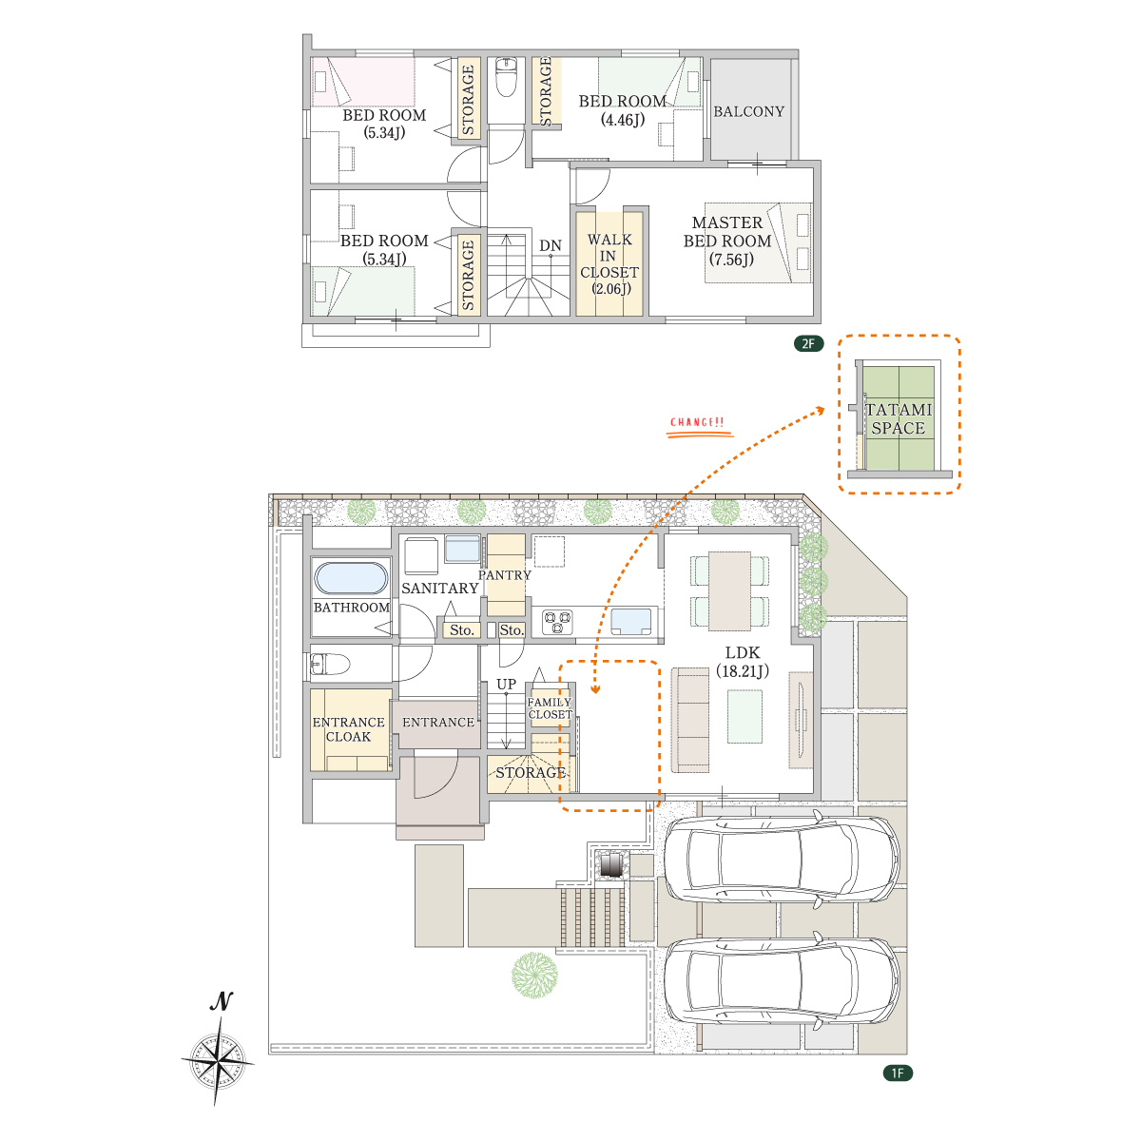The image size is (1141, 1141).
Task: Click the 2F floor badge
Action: [807, 343]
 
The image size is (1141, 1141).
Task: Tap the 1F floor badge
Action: [897, 1073]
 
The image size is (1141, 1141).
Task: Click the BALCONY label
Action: [748, 111]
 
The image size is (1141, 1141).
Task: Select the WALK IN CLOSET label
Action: [609, 264]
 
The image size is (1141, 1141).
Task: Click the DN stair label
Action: [551, 245]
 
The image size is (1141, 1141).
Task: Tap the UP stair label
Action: [506, 684]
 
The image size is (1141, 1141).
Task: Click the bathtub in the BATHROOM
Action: [351, 578]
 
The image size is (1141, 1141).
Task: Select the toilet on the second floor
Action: [506, 76]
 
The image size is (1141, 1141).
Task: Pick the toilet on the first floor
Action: [330, 664]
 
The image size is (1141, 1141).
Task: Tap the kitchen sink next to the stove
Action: [630, 621]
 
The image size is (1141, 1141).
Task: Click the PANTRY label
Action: [505, 575]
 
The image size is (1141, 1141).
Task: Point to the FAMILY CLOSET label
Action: [550, 708]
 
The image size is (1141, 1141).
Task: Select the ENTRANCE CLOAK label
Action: [348, 729]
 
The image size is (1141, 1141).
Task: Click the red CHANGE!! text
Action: [697, 422]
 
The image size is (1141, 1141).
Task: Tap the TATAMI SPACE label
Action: [899, 418]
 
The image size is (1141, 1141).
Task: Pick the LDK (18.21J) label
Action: [743, 662]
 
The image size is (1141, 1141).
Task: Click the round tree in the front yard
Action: [534, 976]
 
